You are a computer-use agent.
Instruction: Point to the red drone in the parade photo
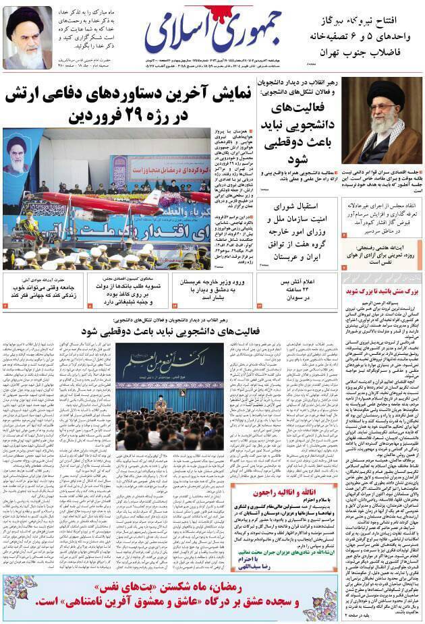pyautogui.click(x=101, y=202)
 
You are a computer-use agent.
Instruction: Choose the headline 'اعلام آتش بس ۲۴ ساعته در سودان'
pyautogui.click(x=297, y=289)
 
